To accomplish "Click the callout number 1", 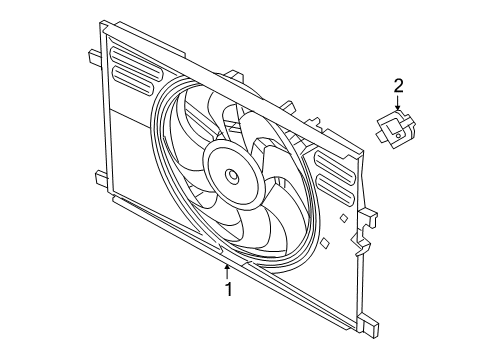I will (x=228, y=290).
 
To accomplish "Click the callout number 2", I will (x=398, y=85).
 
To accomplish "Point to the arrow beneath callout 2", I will (x=398, y=105).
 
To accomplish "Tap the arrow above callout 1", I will (x=228, y=268).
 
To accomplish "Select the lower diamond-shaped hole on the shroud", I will (x=327, y=240).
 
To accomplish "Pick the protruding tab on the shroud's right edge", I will (x=371, y=216).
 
